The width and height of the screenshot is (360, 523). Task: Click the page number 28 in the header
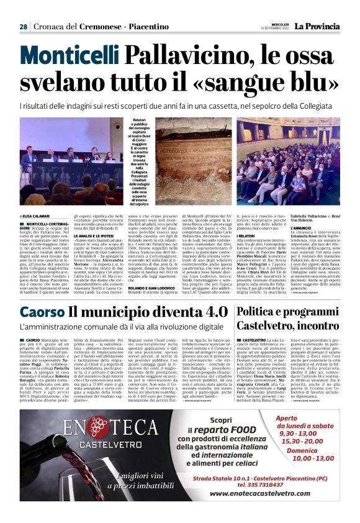point(24,27)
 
